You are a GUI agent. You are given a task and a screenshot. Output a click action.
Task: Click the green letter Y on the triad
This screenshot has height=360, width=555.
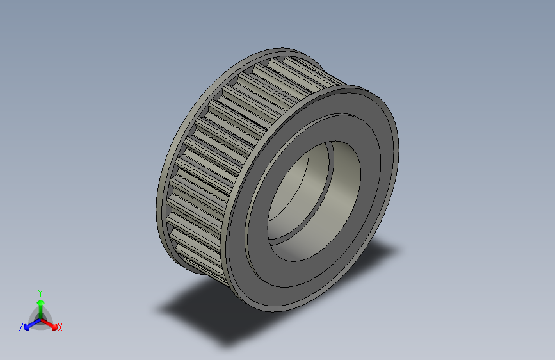[40, 292]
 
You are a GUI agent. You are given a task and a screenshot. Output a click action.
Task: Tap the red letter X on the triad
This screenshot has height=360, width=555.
[60, 328]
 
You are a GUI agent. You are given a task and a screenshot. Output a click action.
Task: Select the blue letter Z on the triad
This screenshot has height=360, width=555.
[21, 327]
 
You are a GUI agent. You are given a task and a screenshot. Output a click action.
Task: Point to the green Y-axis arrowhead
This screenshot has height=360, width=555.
[40, 301]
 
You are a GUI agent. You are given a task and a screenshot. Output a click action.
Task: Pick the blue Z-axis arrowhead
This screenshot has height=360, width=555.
[28, 326]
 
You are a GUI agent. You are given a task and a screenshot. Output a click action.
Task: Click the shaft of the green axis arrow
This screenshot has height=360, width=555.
[40, 311]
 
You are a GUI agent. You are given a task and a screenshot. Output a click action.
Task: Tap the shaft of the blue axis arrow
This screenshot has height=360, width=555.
[34, 323]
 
